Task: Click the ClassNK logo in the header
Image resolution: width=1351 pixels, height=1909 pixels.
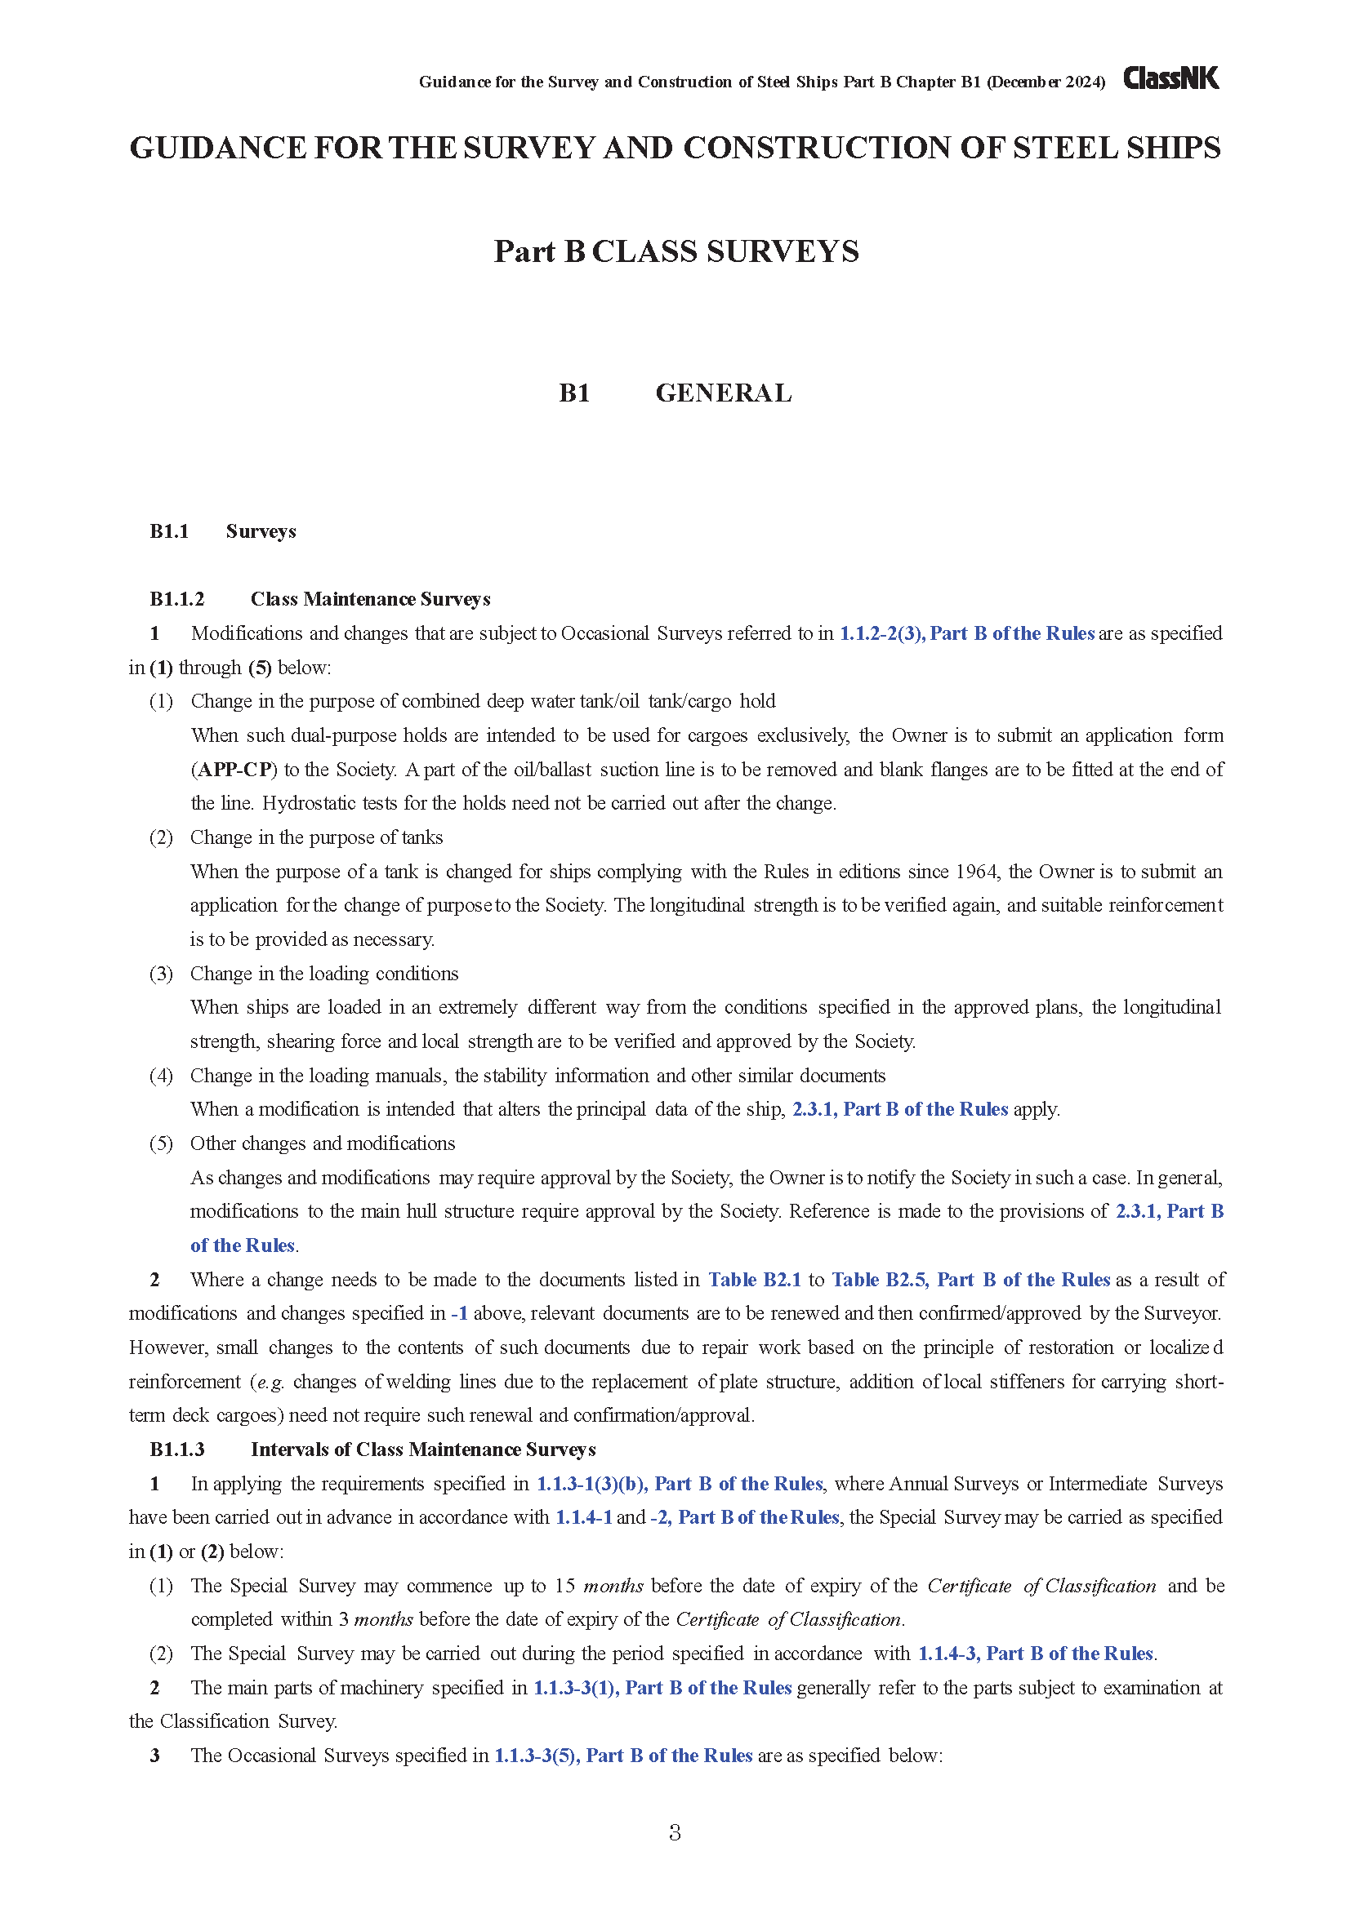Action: coord(1170,79)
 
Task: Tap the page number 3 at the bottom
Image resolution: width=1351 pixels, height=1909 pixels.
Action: coord(675,1832)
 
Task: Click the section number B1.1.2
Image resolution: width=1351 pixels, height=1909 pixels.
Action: coord(176,600)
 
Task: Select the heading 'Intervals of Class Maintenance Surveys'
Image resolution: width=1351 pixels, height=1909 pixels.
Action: coord(422,1450)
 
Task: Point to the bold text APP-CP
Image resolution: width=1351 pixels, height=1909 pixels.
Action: coord(235,770)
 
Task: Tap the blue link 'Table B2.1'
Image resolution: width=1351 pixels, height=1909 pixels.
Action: coord(755,1280)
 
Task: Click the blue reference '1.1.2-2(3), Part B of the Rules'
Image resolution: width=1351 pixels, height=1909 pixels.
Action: coord(966,633)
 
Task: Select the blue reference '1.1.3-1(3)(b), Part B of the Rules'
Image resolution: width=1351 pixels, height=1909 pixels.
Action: coord(679,1484)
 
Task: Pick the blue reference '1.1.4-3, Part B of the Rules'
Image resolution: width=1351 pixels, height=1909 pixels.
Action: coord(1035,1654)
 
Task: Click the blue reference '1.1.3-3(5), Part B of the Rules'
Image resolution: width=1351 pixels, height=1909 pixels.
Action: coord(623,1756)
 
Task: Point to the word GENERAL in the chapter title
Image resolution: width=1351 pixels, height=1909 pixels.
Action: coord(723,393)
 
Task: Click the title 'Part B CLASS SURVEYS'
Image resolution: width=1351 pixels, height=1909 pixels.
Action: coord(675,251)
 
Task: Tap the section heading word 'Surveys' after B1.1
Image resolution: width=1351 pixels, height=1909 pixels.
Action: coord(261,531)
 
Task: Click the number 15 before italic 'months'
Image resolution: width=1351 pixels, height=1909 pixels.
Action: coord(565,1586)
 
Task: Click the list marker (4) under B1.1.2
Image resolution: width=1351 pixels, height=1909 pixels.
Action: coord(161,1076)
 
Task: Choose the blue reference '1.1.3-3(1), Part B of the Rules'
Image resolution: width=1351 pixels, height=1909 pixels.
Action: coord(662,1688)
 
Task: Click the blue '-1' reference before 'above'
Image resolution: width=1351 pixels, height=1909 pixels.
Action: coord(459,1314)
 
